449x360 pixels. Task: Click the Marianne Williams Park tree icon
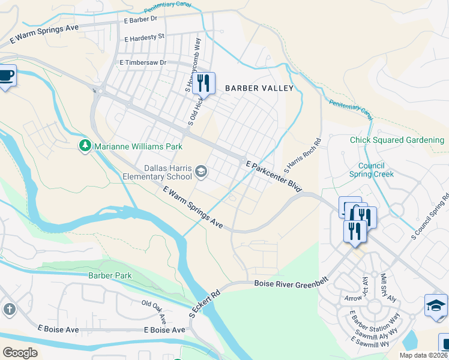(85, 146)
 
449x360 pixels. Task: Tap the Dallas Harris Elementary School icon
(201, 173)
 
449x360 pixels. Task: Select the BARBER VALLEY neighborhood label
(259, 88)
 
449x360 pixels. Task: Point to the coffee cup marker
(6, 76)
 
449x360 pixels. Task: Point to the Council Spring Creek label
(376, 170)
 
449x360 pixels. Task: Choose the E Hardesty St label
(144, 37)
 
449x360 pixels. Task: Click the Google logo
(20, 353)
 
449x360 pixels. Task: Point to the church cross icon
(9, 309)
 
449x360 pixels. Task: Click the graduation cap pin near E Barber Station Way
(435, 305)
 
